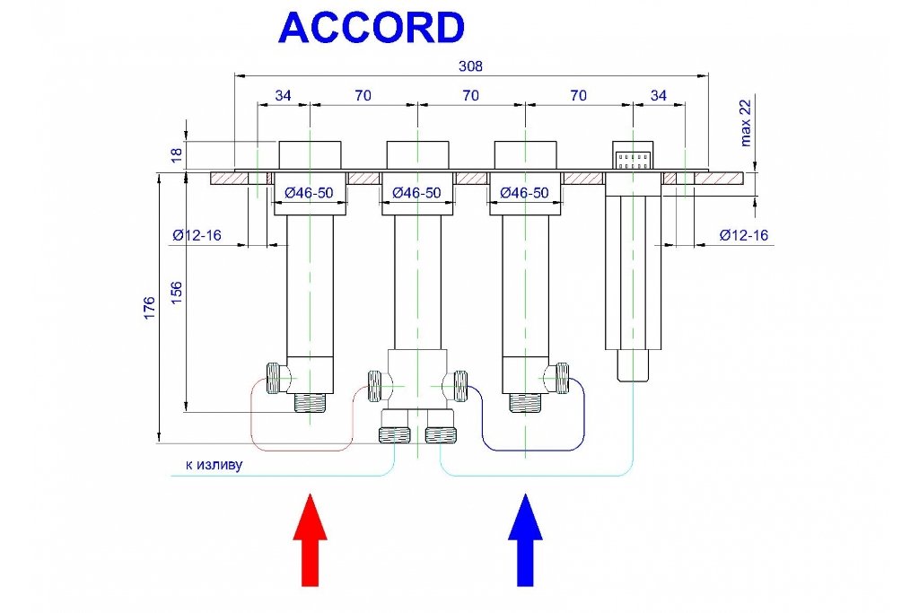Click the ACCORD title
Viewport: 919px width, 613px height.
[372, 28]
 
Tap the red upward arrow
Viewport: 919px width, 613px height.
[310, 539]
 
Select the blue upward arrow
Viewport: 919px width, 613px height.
[525, 539]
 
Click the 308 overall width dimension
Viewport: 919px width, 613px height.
[470, 66]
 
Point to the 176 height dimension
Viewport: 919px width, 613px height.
[150, 308]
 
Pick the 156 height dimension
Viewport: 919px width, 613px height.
[177, 293]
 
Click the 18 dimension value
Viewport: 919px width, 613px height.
[177, 154]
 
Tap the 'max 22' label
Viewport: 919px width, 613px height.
[745, 123]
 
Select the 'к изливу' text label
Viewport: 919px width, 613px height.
[214, 465]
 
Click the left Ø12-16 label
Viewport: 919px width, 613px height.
[197, 235]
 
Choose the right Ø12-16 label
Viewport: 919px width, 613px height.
[744, 235]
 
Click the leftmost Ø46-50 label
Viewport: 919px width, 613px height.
[309, 192]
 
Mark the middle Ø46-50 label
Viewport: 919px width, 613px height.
[416, 192]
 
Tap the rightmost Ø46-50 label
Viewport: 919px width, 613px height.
[524, 192]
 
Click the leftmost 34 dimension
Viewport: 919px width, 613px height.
[283, 95]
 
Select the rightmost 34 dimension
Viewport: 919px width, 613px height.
[659, 95]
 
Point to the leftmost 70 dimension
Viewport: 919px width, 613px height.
[363, 95]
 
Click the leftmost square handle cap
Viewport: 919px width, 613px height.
[310, 155]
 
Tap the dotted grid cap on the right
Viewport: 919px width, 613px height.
[633, 155]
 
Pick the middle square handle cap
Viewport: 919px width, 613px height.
[417, 155]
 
